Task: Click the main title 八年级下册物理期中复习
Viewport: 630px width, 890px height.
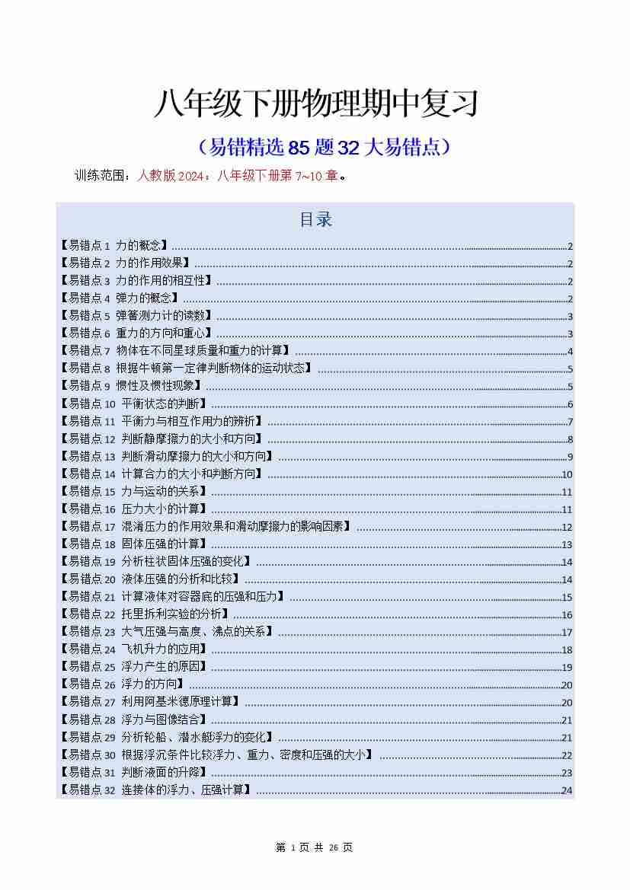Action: [315, 104]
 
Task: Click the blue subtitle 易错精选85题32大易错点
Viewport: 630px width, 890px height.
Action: [324, 147]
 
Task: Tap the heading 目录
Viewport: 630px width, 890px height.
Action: [315, 220]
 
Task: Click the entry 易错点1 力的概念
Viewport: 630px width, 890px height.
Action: [115, 246]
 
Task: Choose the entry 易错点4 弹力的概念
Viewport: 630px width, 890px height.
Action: [120, 298]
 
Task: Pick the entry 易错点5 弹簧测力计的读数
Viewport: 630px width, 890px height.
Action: [136, 316]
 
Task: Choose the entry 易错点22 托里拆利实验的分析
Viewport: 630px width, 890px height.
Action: [144, 614]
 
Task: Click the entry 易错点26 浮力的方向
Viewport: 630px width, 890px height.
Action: [123, 684]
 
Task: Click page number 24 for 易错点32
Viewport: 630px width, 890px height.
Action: [567, 790]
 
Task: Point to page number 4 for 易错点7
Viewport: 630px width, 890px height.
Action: [570, 352]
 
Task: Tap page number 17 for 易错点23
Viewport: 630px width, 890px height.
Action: [567, 632]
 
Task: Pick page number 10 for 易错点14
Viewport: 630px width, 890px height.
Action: [567, 474]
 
